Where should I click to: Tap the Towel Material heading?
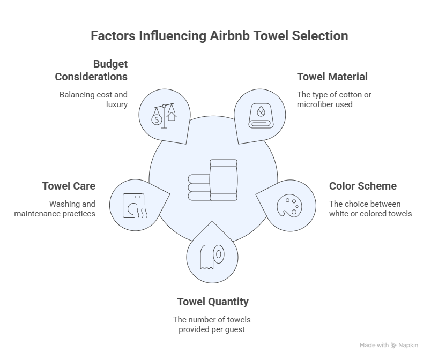tap(332, 77)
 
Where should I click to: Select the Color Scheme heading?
tap(363, 186)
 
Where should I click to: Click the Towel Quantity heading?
tap(213, 302)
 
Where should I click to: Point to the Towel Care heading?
tap(69, 186)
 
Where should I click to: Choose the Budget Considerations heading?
tap(91, 70)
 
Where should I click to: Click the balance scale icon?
tap(164, 116)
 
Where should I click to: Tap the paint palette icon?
tap(289, 206)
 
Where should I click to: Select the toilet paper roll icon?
tap(212, 257)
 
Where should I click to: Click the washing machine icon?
tap(135, 206)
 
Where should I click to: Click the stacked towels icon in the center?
tap(212, 180)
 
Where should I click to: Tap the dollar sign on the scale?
tap(157, 119)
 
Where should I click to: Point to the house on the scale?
tap(172, 116)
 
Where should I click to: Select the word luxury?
tap(117, 104)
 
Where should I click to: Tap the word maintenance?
tap(37, 214)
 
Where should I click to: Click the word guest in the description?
tap(235, 329)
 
